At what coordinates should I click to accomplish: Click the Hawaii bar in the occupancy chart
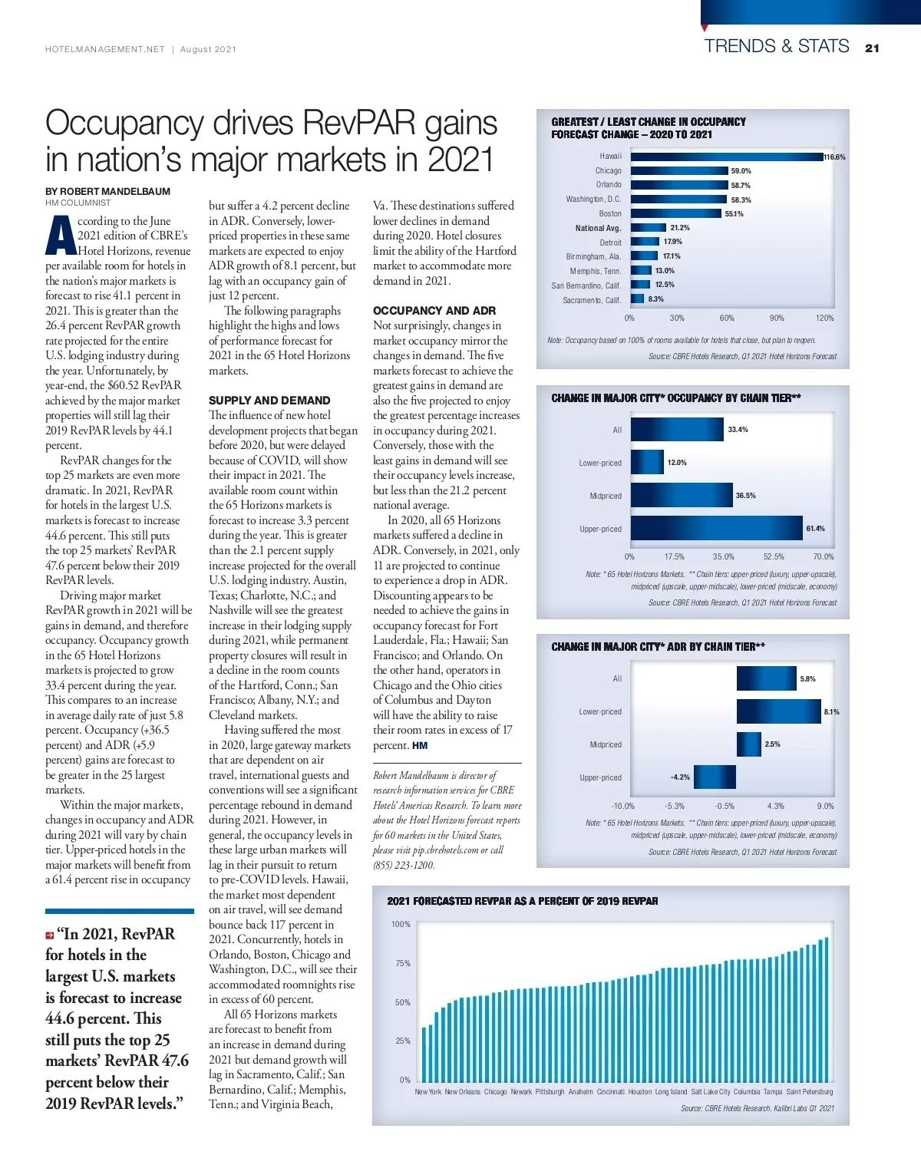pos(726,157)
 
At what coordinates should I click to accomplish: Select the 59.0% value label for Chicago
pos(741,171)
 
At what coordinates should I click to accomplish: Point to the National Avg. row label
pos(598,228)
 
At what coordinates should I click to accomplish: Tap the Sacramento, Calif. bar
pos(637,299)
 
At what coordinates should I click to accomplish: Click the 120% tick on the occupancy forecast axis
pos(824,318)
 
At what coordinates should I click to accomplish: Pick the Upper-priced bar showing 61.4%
pos(716,528)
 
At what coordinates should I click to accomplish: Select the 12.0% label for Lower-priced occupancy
pos(677,463)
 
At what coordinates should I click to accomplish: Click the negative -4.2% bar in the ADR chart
pos(715,777)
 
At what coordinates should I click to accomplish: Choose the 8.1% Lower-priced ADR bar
pos(778,711)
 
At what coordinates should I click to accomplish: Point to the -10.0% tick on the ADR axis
pos(622,806)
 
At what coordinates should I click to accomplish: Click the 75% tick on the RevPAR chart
pos(402,963)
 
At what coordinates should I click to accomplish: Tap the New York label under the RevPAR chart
pos(427,1091)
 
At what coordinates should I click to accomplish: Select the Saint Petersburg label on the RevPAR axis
pos(809,1091)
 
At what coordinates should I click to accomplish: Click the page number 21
pos(872,48)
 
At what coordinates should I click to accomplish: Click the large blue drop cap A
pos(61,236)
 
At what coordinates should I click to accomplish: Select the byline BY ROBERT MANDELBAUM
pos(107,191)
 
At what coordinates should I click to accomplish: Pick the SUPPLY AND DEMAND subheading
pos(269,400)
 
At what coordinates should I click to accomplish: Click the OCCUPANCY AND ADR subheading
pos(434,310)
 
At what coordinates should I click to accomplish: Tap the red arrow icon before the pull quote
pos(50,935)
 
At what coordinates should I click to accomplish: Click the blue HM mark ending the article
pos(420,745)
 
